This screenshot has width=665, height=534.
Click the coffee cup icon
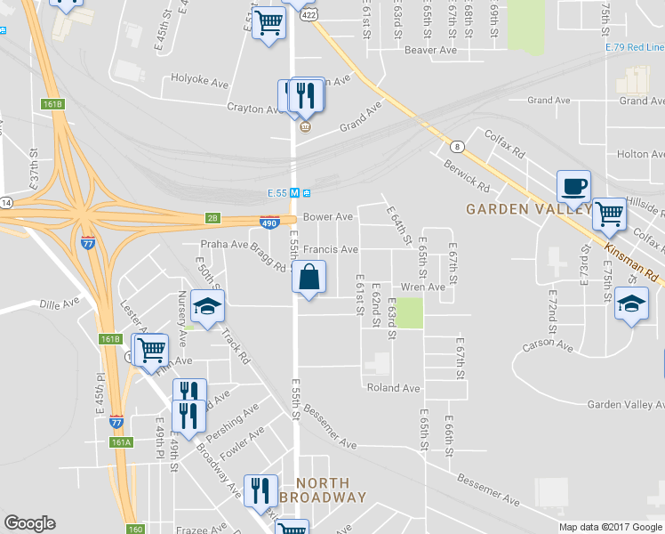coord(573,187)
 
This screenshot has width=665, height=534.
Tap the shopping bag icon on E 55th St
coord(308,277)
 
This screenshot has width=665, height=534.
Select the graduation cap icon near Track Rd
coord(207,308)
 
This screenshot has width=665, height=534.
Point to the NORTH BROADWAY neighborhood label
coord(323,489)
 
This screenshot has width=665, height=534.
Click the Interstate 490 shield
coord(269,222)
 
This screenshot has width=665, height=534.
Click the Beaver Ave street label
coord(430,51)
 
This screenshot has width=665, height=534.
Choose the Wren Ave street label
coord(422,287)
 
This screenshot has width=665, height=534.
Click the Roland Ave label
coord(393,388)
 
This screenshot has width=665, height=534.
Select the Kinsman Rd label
coord(633,261)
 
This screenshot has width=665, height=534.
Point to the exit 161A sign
coord(121,441)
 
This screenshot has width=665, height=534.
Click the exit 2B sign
coord(212,218)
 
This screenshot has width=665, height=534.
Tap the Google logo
coord(29,523)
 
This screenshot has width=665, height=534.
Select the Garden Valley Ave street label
coord(625,404)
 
